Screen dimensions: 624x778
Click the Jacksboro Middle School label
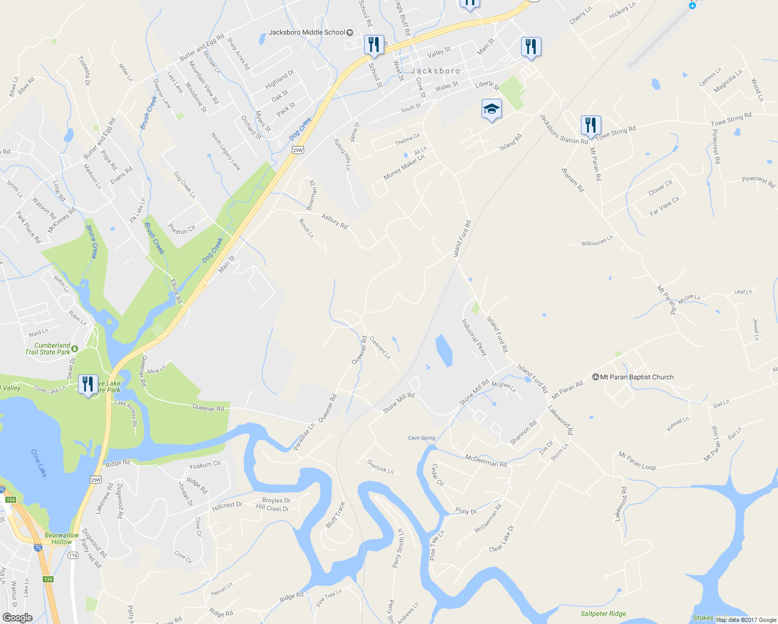pyautogui.click(x=307, y=32)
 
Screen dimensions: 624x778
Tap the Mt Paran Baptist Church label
pyautogui.click(x=637, y=377)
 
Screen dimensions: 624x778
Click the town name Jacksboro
pyautogui.click(x=435, y=71)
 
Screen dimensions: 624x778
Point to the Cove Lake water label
pyautogui.click(x=39, y=463)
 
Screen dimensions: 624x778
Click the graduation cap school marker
pyautogui.click(x=491, y=109)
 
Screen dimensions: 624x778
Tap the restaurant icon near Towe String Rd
pyautogui.click(x=590, y=125)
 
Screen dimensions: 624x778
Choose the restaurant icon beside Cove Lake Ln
pyautogui.click(x=88, y=384)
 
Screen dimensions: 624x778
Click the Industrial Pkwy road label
pyautogui.click(x=474, y=337)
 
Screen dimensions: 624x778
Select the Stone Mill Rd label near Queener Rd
pyautogui.click(x=399, y=403)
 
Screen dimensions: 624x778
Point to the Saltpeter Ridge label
pyautogui.click(x=603, y=614)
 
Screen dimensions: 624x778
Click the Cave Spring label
pyautogui.click(x=421, y=438)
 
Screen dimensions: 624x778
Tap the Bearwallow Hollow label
pyautogui.click(x=62, y=538)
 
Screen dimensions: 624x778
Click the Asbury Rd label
pyautogui.click(x=334, y=222)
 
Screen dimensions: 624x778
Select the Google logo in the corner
pyautogui.click(x=17, y=617)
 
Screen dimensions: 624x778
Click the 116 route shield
pyautogui.click(x=73, y=555)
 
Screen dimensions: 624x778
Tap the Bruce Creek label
pyautogui.click(x=92, y=242)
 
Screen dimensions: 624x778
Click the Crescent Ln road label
pyautogui.click(x=380, y=347)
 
